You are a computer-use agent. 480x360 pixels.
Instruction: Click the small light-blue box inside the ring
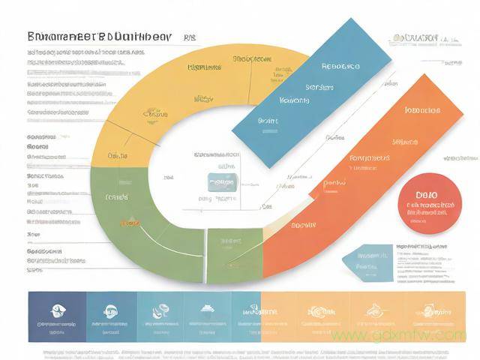[x=223, y=181]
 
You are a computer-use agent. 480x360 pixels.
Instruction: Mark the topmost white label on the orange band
[x=422, y=110]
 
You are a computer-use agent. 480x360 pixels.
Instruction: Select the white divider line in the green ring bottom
[x=204, y=255]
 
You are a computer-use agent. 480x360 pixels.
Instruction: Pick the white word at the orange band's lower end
[x=304, y=224]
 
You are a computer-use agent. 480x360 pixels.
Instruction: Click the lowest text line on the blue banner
[x=268, y=120]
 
